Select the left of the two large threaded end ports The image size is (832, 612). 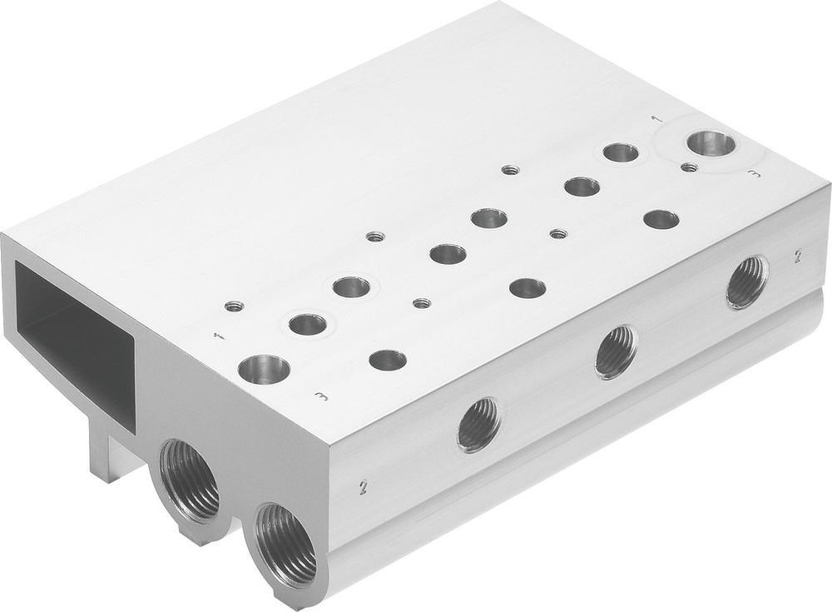click(189, 481)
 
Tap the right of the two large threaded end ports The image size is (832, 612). click(285, 545)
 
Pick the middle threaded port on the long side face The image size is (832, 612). click(617, 351)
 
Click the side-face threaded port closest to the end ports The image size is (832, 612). click(479, 424)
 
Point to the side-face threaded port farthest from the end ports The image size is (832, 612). click(747, 281)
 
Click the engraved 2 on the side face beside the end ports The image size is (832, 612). click(363, 488)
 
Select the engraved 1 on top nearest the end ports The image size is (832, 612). click(219, 336)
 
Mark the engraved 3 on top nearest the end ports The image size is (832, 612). click(321, 396)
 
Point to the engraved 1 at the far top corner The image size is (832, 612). click(656, 120)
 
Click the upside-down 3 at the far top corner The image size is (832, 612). click(754, 174)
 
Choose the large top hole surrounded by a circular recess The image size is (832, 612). click(711, 143)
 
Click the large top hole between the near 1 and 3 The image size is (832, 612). click(264, 369)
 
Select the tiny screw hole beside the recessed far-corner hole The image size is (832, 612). click(688, 167)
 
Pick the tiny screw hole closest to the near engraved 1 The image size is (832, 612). click(235, 306)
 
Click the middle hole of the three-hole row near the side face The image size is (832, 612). click(527, 288)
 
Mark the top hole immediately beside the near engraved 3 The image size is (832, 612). click(388, 360)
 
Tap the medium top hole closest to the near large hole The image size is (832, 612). click(308, 324)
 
